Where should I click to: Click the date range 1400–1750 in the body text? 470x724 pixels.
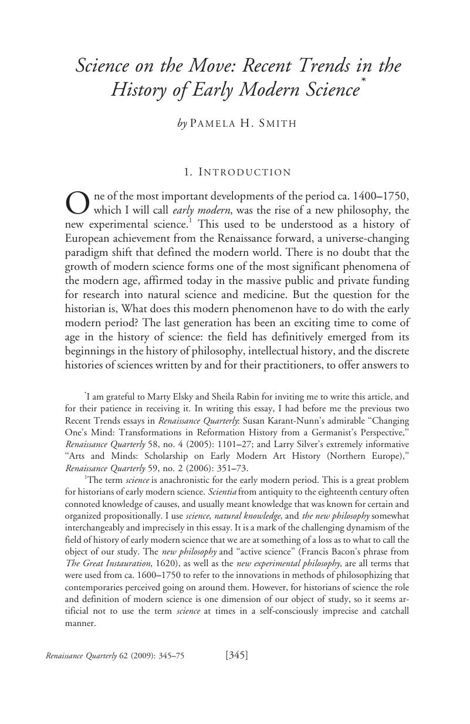pyautogui.click(x=377, y=196)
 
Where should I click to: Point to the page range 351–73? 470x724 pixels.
pyautogui.click(x=231, y=468)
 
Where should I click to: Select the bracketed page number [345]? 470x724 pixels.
pyautogui.click(x=236, y=655)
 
